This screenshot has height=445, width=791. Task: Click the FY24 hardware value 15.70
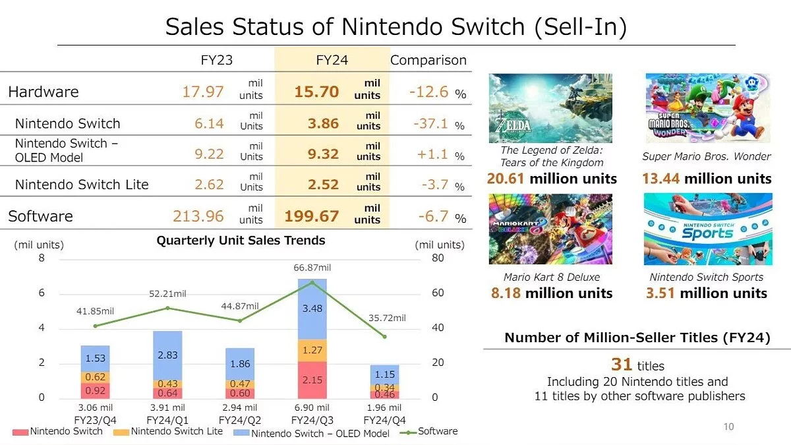click(316, 92)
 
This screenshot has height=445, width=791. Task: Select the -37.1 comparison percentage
click(428, 123)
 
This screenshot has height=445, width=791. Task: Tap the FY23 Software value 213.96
click(198, 216)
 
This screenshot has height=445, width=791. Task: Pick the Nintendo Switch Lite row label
click(82, 185)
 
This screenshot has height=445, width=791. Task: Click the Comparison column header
click(428, 60)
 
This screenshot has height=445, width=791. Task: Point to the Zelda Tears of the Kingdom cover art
click(550, 107)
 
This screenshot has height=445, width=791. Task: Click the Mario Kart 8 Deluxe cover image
click(550, 229)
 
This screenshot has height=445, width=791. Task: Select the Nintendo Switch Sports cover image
click(707, 229)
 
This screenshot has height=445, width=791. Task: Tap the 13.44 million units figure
click(706, 179)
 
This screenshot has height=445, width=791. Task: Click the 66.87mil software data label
click(312, 268)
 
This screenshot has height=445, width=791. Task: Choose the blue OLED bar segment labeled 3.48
click(312, 309)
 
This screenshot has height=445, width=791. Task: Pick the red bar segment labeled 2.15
click(312, 380)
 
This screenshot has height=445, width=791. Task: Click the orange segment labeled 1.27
click(312, 351)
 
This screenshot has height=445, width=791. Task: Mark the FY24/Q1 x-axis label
click(168, 419)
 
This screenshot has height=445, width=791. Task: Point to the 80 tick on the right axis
click(438, 258)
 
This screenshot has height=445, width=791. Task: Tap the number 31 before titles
click(622, 364)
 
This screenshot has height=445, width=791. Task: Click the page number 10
click(728, 427)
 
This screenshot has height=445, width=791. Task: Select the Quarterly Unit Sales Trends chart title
click(241, 241)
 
